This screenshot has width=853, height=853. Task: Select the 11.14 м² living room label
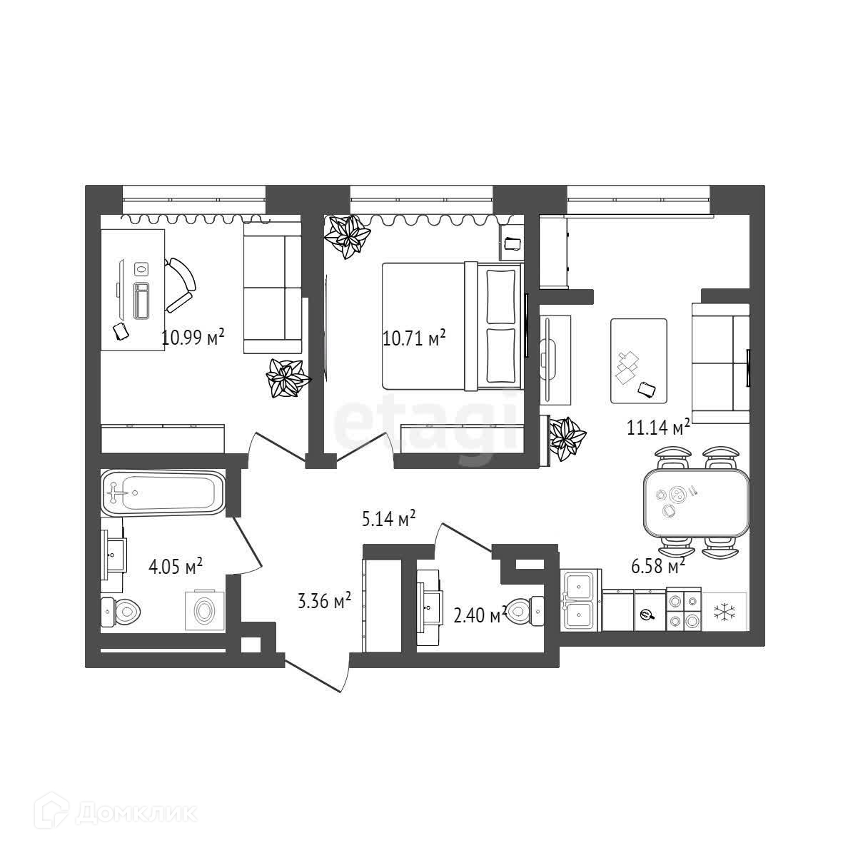click(657, 428)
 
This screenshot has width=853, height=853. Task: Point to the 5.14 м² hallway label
click(388, 519)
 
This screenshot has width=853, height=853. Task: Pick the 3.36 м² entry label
click(323, 601)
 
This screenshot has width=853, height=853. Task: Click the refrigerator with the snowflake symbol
click(725, 612)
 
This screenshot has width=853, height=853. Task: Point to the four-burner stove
click(683, 610)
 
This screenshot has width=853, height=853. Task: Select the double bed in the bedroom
click(451, 326)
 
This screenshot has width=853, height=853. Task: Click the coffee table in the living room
click(638, 360)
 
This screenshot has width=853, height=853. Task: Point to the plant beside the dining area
click(568, 438)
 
